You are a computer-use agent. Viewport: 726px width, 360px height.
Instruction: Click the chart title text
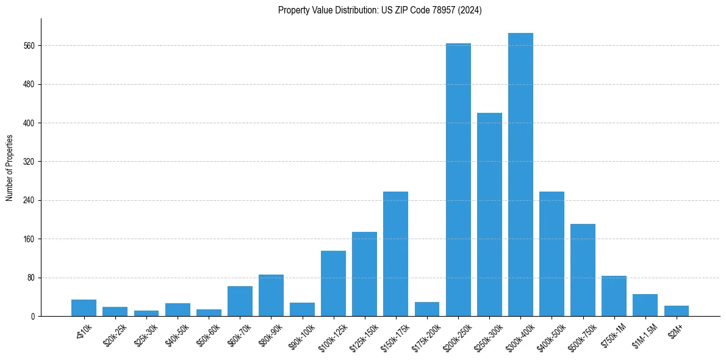coord(379,10)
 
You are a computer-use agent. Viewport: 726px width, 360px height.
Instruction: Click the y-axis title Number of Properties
coord(10,168)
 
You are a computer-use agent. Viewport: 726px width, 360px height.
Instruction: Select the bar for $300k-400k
coord(520,175)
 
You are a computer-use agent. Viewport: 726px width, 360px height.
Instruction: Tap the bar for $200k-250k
coord(458,180)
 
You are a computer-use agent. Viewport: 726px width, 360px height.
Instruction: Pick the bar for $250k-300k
coord(489,215)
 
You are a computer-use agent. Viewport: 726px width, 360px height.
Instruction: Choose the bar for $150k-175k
coord(395,254)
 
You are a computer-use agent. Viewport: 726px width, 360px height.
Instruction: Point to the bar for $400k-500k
coord(552,254)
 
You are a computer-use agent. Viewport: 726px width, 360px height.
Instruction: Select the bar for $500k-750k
coord(583,270)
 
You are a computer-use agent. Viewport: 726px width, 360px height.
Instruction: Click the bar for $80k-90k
coord(271,295)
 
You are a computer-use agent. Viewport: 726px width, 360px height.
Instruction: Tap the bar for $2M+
coord(676,311)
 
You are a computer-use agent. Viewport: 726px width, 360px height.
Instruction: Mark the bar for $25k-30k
coord(146,314)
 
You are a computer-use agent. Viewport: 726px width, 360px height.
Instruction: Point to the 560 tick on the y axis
coord(28,46)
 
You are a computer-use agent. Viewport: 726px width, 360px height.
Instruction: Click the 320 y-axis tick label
coord(28,162)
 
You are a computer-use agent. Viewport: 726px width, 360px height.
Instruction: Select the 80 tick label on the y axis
coord(30,278)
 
